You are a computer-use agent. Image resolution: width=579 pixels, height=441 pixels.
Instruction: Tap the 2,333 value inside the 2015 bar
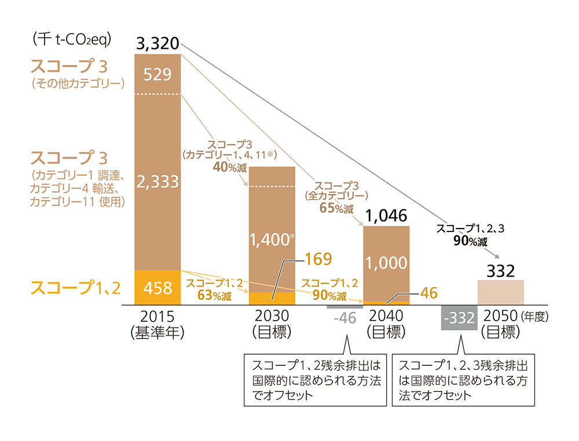click(157, 182)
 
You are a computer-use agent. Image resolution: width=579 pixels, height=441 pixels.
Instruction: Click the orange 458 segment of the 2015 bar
click(157, 287)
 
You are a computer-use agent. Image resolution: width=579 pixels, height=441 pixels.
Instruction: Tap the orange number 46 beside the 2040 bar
click(430, 293)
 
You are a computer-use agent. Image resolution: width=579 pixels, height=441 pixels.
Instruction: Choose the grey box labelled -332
click(459, 318)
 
